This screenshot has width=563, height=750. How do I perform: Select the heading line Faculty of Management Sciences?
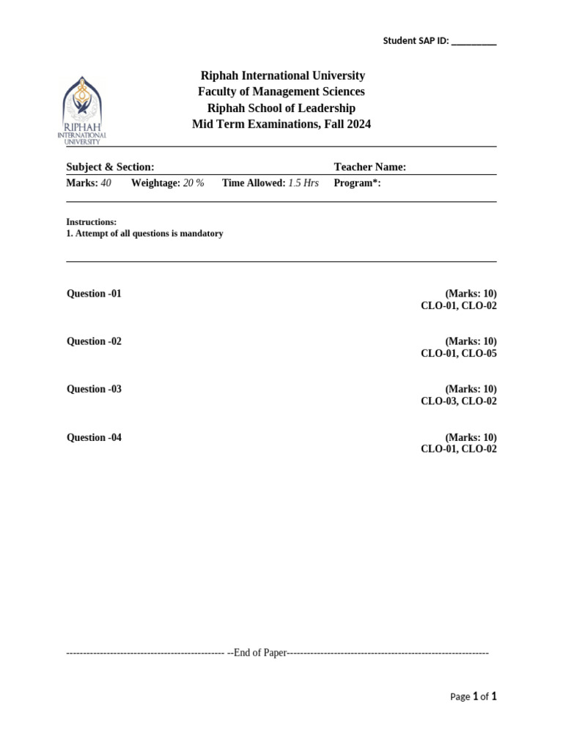coord(281,92)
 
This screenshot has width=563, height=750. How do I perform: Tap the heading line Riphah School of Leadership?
coord(281,108)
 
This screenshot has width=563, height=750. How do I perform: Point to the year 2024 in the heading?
coord(358,124)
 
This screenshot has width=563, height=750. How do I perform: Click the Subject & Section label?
coord(110,167)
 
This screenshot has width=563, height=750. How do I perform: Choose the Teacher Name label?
coord(369,167)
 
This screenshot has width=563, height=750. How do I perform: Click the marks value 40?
coord(106,183)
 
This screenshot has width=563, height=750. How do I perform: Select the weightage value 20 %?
coord(194,183)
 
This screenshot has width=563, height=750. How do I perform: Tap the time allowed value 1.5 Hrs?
coord(303,183)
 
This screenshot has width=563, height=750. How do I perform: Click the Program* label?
coord(357,183)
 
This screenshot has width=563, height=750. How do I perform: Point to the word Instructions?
coord(91,222)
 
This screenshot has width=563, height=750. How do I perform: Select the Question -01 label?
coord(94,294)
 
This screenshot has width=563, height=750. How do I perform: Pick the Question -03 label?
coord(94,389)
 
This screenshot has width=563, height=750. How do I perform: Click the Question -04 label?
coord(94,437)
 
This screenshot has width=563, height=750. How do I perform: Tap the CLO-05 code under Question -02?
coord(479,353)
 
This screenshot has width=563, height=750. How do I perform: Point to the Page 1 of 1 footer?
coord(473,697)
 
